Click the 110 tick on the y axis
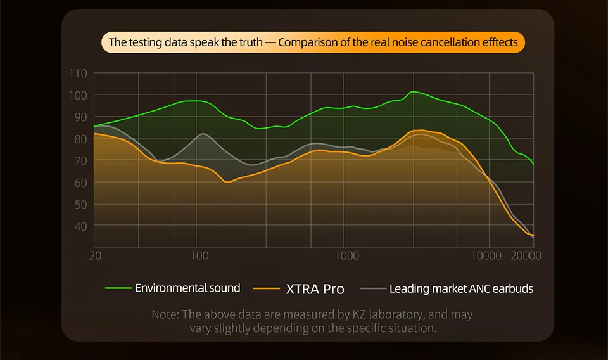coord(79,74)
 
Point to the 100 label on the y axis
coord(79,95)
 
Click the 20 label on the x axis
coord(96,255)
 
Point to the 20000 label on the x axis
coord(526,255)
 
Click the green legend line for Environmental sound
coord(118,288)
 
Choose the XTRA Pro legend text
coord(315,289)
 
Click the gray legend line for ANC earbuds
coord(372,289)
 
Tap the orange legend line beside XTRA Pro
coord(266,289)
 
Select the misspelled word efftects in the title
coord(499,43)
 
